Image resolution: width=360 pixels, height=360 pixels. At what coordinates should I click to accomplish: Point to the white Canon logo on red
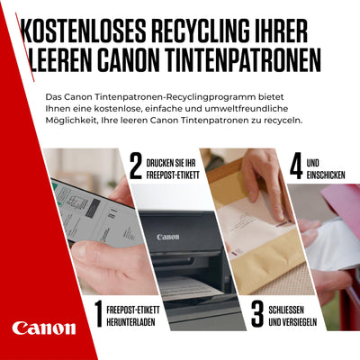(44, 328)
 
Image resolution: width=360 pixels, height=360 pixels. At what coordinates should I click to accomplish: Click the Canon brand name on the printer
(168, 237)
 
